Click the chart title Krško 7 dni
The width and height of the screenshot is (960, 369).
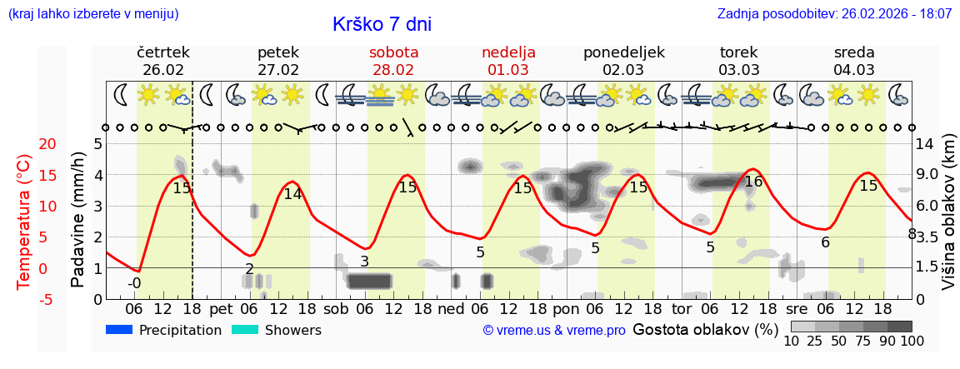[x=382, y=24]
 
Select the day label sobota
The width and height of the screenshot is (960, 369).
[x=393, y=52]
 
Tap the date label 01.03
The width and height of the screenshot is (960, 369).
[x=508, y=70]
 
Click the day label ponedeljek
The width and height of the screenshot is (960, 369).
[x=623, y=52]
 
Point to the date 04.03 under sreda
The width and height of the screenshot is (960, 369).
[x=854, y=70]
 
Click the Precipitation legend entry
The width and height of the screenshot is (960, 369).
[x=165, y=331]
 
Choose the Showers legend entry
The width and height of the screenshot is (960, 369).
[x=277, y=331]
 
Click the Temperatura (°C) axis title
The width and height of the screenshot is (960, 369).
[x=24, y=221]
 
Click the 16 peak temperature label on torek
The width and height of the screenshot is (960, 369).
[x=753, y=182]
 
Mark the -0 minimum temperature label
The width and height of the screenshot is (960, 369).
[x=134, y=283]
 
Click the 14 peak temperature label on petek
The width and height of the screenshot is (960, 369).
[x=292, y=194]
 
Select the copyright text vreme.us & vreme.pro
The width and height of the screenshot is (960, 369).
[x=554, y=331]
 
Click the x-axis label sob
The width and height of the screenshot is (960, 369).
[x=337, y=308]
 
